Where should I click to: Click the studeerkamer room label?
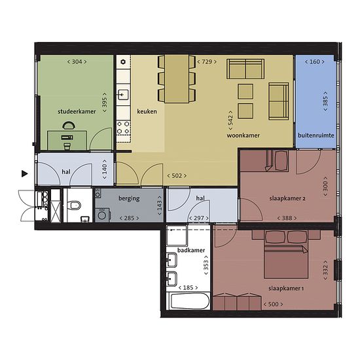click(x=77, y=111)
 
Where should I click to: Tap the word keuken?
click(x=147, y=111)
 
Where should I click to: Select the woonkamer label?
click(x=243, y=135)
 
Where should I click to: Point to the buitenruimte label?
click(x=316, y=135)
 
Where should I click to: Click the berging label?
click(x=129, y=198)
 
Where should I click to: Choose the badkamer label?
click(x=191, y=250)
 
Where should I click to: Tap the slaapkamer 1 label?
click(x=286, y=289)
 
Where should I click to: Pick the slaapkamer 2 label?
click(x=287, y=198)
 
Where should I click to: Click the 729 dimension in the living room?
click(x=207, y=62)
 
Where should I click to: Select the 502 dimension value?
click(x=177, y=176)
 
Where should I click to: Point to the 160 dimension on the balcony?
click(x=315, y=62)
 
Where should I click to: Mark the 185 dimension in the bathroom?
click(x=188, y=288)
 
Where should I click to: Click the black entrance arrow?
click(x=25, y=174)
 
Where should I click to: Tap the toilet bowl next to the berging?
click(x=75, y=205)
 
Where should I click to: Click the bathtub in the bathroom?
click(x=190, y=301)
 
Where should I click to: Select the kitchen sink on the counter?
click(x=123, y=95)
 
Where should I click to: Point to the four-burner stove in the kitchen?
click(x=123, y=128)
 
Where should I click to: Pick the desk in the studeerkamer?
click(x=67, y=141)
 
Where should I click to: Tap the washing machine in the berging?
click(x=102, y=215)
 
